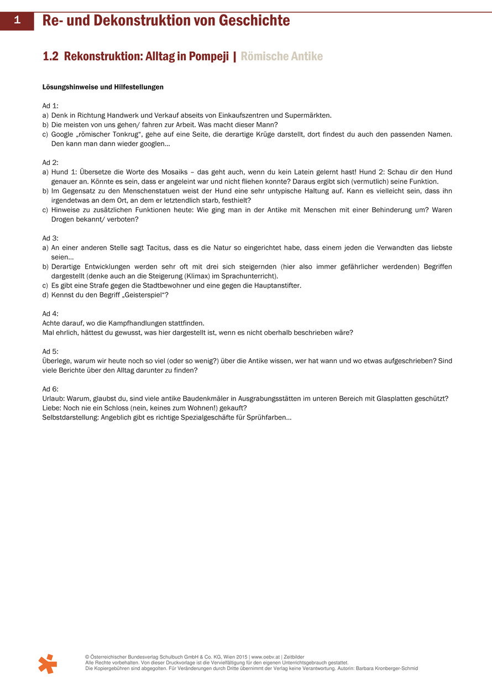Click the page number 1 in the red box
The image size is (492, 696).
coord(17,21)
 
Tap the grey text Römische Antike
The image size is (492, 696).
coord(281,56)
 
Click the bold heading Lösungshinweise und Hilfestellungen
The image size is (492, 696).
coord(103,87)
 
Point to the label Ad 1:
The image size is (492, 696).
coord(50,106)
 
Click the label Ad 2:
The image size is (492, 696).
coord(50,163)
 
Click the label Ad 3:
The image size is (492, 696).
coord(50,238)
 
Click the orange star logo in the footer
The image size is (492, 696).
coord(48,664)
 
